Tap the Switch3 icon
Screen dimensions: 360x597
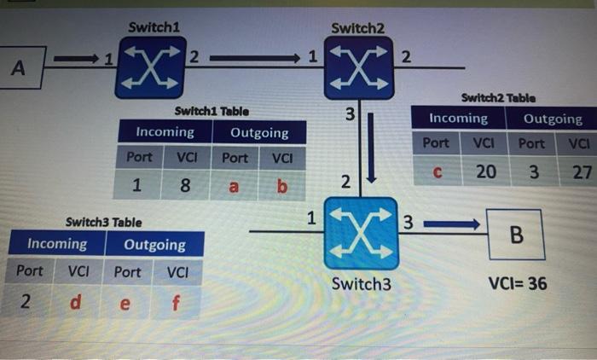coord(361,233)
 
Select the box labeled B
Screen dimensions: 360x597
coord(514,235)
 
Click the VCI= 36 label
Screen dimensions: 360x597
coord(518,283)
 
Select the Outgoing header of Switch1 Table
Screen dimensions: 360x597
coord(259,133)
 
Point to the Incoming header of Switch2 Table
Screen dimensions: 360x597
coord(458,119)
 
